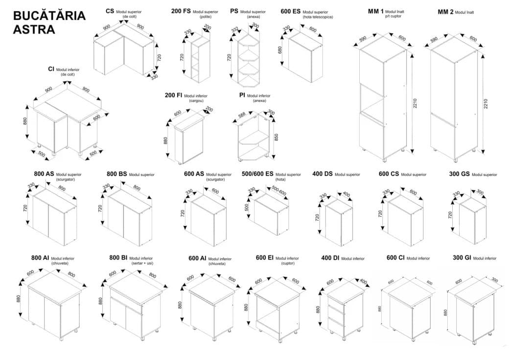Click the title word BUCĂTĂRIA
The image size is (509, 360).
coord(49,16)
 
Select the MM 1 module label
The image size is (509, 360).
coord(376,11)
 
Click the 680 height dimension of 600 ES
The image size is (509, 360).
coord(280,50)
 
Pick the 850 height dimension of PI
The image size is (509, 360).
coord(277,137)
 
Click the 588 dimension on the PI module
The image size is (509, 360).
coord(241,115)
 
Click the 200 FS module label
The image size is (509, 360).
coord(181,11)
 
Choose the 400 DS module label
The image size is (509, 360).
coord(322,174)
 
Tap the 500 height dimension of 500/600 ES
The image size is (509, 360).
coord(247,207)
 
